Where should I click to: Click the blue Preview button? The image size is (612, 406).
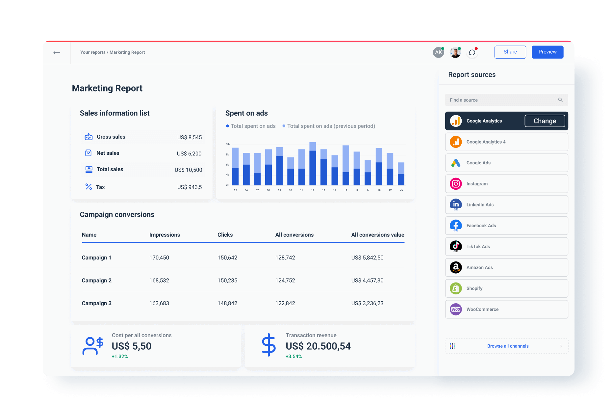point(547,52)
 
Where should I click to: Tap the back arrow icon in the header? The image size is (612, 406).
point(57,53)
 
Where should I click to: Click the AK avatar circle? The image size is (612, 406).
point(438,52)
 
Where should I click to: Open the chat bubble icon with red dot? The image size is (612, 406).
point(472,52)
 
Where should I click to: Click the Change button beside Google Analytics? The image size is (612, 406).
point(545,121)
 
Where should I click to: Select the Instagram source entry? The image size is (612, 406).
point(506,184)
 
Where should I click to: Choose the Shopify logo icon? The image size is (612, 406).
point(456,288)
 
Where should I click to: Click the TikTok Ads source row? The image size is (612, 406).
point(506,247)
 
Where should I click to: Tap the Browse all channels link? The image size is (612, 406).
point(507,346)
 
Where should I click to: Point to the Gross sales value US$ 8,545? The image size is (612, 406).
point(189,137)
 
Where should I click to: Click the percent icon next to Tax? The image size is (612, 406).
point(89,187)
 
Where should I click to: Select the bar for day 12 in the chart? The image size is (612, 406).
point(313,165)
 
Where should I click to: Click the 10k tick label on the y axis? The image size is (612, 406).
point(228,144)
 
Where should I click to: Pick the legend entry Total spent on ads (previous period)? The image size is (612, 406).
point(331,126)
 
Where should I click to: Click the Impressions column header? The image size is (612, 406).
point(165,235)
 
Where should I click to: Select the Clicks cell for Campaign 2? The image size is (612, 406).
point(227,281)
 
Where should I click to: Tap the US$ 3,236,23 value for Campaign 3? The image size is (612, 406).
point(367,303)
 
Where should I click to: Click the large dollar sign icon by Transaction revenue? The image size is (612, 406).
point(268,345)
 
